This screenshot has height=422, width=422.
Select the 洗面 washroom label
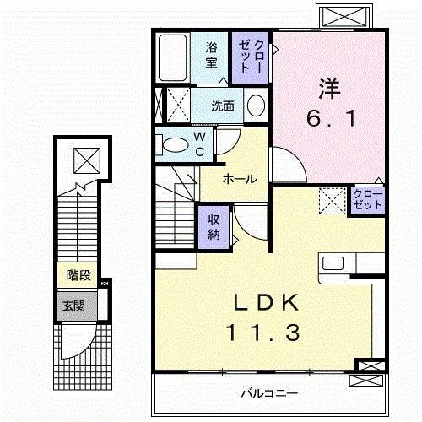(224, 107)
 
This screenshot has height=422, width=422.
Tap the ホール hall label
(240, 179)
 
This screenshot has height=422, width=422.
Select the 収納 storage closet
(214, 225)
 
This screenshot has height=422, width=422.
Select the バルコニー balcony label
(268, 393)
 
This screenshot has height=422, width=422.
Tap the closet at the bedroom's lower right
(368, 201)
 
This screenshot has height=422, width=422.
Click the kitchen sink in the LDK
(332, 262)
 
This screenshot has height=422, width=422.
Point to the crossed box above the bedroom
(343, 15)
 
